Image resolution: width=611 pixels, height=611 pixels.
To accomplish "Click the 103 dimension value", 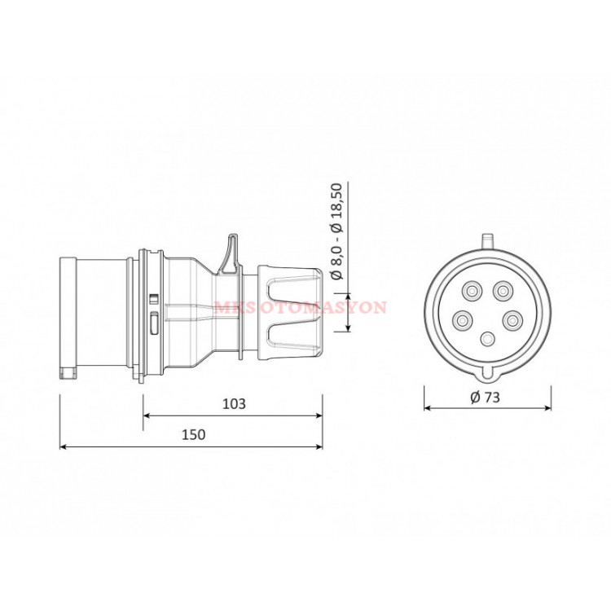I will (x=233, y=403).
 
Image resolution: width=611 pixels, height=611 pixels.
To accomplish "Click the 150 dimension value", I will (x=193, y=435).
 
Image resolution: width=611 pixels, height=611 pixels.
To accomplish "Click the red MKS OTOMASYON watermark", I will (x=301, y=308).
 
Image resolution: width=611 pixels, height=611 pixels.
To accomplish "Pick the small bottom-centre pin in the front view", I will (x=487, y=339).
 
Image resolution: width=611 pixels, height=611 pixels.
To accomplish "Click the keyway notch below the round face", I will (x=487, y=374).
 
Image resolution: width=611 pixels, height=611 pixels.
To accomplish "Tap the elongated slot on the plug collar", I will (x=154, y=322).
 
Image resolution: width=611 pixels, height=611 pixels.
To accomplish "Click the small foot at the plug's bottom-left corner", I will (x=67, y=374).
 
